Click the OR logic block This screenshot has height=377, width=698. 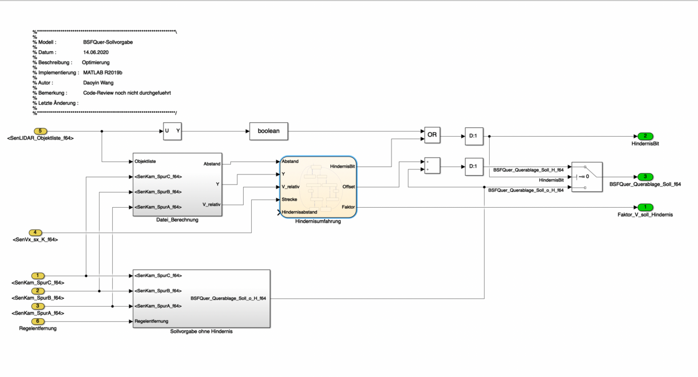[x=432, y=135]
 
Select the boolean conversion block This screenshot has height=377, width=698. [x=269, y=131]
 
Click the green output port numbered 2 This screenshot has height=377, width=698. [x=645, y=136]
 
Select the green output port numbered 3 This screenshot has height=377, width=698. [x=645, y=176]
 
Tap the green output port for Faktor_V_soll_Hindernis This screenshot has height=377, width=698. [x=645, y=207]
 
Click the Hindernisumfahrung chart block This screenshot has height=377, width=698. [x=318, y=187]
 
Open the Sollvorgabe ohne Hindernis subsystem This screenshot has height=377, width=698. [x=201, y=298]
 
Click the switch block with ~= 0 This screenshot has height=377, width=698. [x=587, y=176]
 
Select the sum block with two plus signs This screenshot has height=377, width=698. [x=432, y=166]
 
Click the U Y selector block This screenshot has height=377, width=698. [x=173, y=131]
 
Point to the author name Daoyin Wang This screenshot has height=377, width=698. [x=98, y=83]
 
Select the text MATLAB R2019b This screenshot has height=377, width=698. [x=103, y=73]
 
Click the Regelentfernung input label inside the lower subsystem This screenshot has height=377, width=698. [x=151, y=321]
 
